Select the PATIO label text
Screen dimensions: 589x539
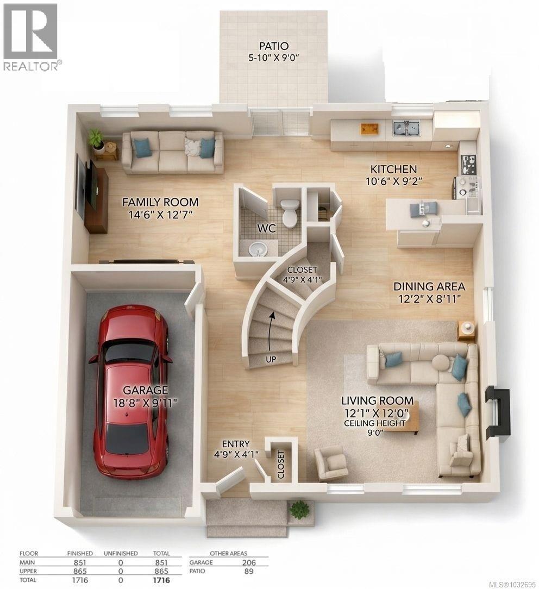pyautogui.click(x=273, y=46)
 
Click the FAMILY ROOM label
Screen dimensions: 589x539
pyautogui.click(x=160, y=202)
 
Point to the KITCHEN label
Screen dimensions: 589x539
pyautogui.click(x=393, y=170)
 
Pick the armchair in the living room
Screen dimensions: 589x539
pyautogui.click(x=331, y=463)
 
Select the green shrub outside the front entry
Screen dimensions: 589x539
pyautogui.click(x=299, y=509)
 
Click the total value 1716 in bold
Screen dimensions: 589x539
pyautogui.click(x=161, y=580)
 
